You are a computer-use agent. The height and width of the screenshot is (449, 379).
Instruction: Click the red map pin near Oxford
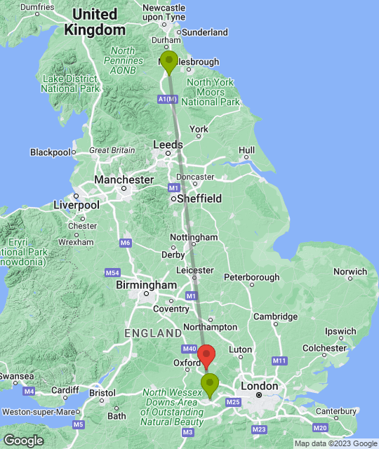(x=206, y=356)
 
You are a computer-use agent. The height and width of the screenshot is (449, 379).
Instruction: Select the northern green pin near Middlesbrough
(x=168, y=62)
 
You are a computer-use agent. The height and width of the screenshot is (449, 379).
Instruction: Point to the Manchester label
(x=124, y=180)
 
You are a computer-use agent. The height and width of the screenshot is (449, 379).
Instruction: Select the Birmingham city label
(x=147, y=286)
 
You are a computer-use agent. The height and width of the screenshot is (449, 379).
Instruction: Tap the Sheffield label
(x=199, y=199)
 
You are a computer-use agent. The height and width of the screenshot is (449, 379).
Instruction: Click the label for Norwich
(x=350, y=272)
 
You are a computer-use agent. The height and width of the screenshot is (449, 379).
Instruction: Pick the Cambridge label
(x=275, y=316)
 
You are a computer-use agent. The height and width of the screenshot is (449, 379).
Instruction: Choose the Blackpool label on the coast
(x=51, y=152)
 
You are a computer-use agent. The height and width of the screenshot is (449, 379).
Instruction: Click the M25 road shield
(x=234, y=402)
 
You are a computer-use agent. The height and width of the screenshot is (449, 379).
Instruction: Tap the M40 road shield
(x=189, y=349)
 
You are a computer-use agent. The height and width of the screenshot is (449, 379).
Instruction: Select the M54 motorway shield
(x=112, y=272)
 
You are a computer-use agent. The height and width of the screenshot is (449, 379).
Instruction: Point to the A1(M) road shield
(x=168, y=100)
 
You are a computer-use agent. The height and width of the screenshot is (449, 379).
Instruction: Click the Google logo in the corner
(x=23, y=440)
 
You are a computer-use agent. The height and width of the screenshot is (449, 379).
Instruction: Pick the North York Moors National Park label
(x=210, y=93)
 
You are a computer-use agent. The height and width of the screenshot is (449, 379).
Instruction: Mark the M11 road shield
(x=280, y=361)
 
